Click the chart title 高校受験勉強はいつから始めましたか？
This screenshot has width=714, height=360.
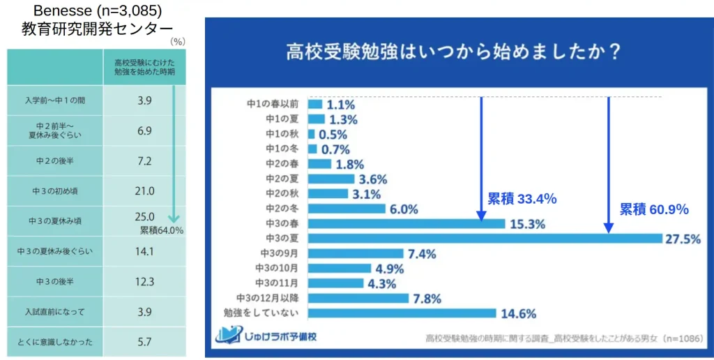pos(454,53)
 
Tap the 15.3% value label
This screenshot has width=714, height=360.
pos(527,224)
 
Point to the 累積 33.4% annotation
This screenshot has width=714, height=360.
pos(522,199)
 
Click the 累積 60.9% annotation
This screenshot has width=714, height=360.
pos(654,209)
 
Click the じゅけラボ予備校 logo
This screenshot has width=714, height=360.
pos(266,336)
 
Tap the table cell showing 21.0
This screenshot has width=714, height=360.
pos(144,191)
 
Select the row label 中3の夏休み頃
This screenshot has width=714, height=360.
pos(55,220)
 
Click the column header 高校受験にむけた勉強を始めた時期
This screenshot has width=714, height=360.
pos(144,67)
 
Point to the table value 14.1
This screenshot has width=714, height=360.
pos(144,251)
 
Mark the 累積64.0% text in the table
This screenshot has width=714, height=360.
pos(161,230)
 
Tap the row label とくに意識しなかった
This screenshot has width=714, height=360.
pos(55,342)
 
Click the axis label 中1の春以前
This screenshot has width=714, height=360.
pos(275,104)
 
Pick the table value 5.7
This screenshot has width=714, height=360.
pos(144,342)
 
